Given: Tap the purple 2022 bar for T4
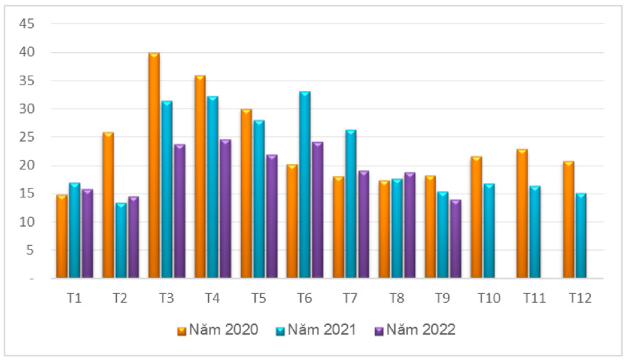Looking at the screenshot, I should click(x=225, y=210).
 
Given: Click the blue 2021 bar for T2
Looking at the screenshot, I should click(x=121, y=241).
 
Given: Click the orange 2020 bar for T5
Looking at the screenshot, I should click(x=246, y=194).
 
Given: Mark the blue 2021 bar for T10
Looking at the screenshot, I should click(x=489, y=231).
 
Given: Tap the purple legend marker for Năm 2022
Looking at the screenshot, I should click(x=379, y=330).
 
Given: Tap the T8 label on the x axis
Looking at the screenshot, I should click(x=397, y=298).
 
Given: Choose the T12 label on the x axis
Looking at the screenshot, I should click(x=580, y=298).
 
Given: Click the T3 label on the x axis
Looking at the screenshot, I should click(x=166, y=298).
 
